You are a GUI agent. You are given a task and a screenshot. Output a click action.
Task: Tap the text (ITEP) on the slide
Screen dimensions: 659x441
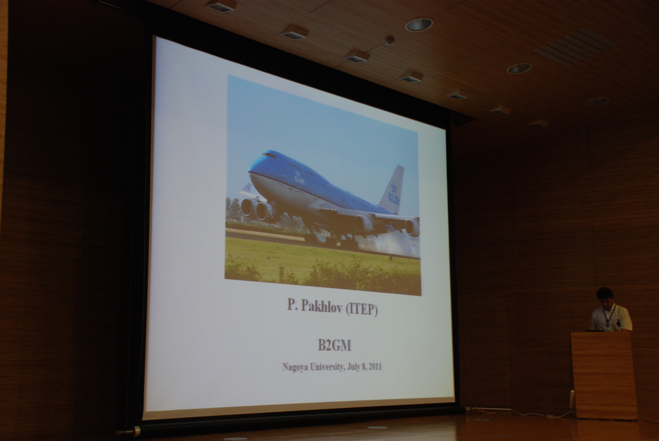click(362, 310)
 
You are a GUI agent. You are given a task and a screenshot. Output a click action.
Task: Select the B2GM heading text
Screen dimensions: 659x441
click(334, 345)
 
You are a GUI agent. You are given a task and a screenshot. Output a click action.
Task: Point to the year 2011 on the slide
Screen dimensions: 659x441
click(375, 367)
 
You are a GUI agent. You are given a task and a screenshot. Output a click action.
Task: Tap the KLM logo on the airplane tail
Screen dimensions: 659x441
click(394, 195)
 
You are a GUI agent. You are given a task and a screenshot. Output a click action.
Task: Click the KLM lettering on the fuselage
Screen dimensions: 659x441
click(299, 180)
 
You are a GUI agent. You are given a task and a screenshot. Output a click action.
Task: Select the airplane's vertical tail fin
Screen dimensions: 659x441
click(393, 190)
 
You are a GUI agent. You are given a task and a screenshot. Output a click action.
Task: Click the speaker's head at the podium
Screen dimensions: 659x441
click(605, 297)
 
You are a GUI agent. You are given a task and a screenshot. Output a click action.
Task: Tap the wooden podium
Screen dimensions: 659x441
click(604, 376)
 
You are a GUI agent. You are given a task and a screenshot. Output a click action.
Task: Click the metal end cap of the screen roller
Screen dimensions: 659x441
click(136, 431)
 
